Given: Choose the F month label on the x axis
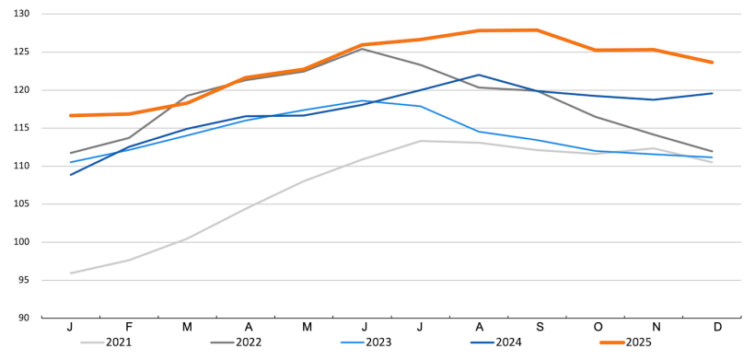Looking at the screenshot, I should click(129, 328).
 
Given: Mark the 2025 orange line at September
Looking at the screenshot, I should click(537, 30).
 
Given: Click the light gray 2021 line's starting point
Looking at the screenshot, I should click(71, 273).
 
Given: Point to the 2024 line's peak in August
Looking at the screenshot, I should click(479, 75).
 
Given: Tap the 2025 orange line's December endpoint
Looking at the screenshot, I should click(712, 63).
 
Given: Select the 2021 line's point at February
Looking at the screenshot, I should click(129, 260).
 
